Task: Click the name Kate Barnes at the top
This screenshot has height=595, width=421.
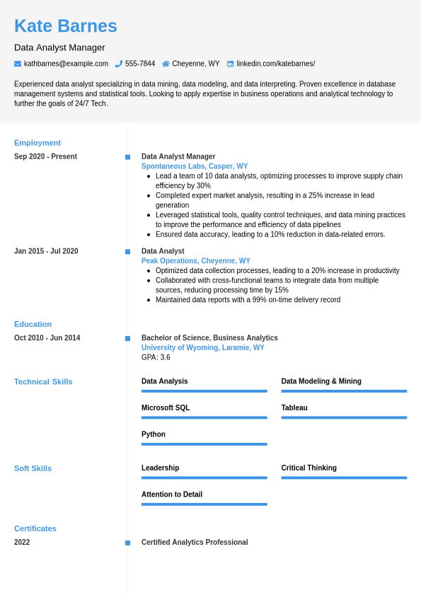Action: point(66,26)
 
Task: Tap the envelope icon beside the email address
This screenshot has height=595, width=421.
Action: point(18,64)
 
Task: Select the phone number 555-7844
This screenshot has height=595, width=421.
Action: point(140,64)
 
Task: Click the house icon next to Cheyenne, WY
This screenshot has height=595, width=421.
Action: point(166,64)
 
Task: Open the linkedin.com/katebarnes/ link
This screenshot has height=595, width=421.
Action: point(275,64)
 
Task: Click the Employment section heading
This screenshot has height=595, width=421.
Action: point(38,143)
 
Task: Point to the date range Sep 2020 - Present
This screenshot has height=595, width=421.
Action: point(45,156)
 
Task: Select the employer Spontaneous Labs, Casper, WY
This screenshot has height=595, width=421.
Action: point(195,166)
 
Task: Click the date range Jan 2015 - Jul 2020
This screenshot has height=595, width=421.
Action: point(46,251)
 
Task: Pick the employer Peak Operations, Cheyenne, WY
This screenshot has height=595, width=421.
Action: point(196,261)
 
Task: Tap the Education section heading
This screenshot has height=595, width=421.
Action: point(33,324)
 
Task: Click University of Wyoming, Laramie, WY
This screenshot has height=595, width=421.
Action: point(203,347)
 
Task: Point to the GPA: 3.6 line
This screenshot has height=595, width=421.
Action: point(156,357)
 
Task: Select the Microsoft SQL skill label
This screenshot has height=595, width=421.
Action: point(166,408)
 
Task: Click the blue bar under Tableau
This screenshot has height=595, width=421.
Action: point(344,417)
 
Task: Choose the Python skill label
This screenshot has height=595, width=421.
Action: point(154,434)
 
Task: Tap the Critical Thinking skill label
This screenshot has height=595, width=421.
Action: point(308,468)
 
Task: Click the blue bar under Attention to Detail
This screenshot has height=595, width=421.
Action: point(204,504)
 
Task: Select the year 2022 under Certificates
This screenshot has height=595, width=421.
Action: point(22,543)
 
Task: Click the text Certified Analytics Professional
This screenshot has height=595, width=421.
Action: point(195,543)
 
